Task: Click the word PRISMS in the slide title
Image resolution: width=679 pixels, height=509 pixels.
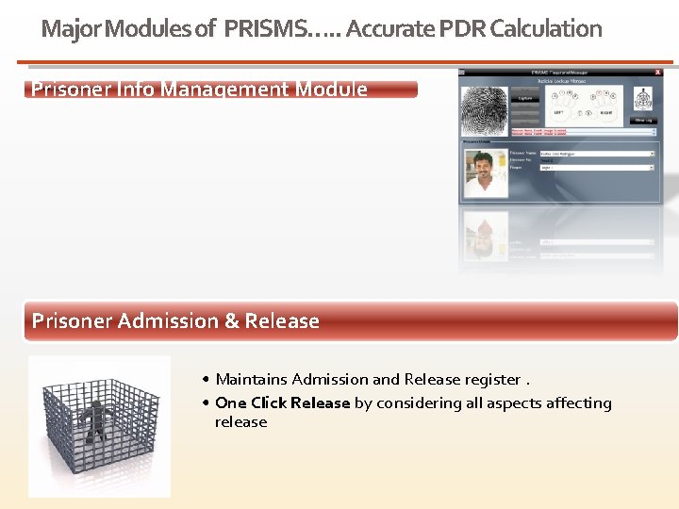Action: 265,29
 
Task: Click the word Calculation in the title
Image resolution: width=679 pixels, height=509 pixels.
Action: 546,29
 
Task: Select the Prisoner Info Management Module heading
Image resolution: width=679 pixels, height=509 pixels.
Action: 200,90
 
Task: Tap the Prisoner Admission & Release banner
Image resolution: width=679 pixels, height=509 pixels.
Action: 176,321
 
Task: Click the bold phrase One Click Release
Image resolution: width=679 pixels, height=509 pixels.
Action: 282,403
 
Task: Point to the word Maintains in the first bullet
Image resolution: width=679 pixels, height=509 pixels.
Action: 251,380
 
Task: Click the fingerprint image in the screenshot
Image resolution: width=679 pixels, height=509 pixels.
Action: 483,110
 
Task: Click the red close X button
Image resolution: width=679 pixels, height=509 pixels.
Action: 658,72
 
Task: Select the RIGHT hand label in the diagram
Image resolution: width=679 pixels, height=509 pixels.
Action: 607,112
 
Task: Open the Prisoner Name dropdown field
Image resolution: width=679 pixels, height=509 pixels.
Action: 596,154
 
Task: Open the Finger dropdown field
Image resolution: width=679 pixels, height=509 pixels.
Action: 596,168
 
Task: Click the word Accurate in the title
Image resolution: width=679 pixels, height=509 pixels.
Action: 385,29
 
